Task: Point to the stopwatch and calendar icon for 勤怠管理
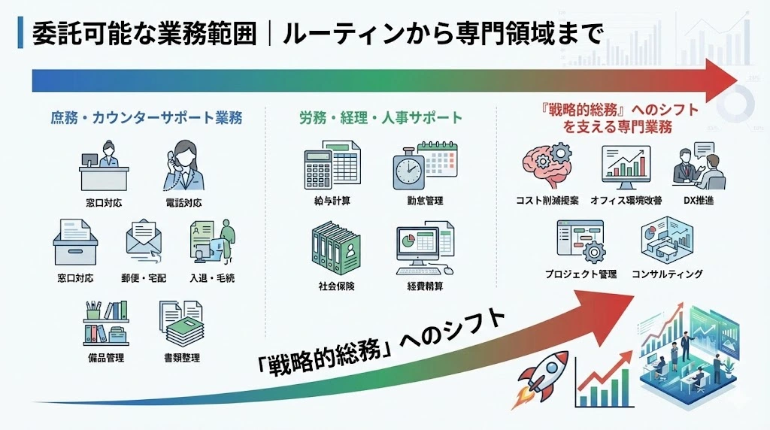424,165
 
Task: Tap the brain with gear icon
547,166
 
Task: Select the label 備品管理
105,358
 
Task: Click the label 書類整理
182,358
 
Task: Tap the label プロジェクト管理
581,274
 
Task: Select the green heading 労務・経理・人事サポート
380,118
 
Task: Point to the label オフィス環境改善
626,201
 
